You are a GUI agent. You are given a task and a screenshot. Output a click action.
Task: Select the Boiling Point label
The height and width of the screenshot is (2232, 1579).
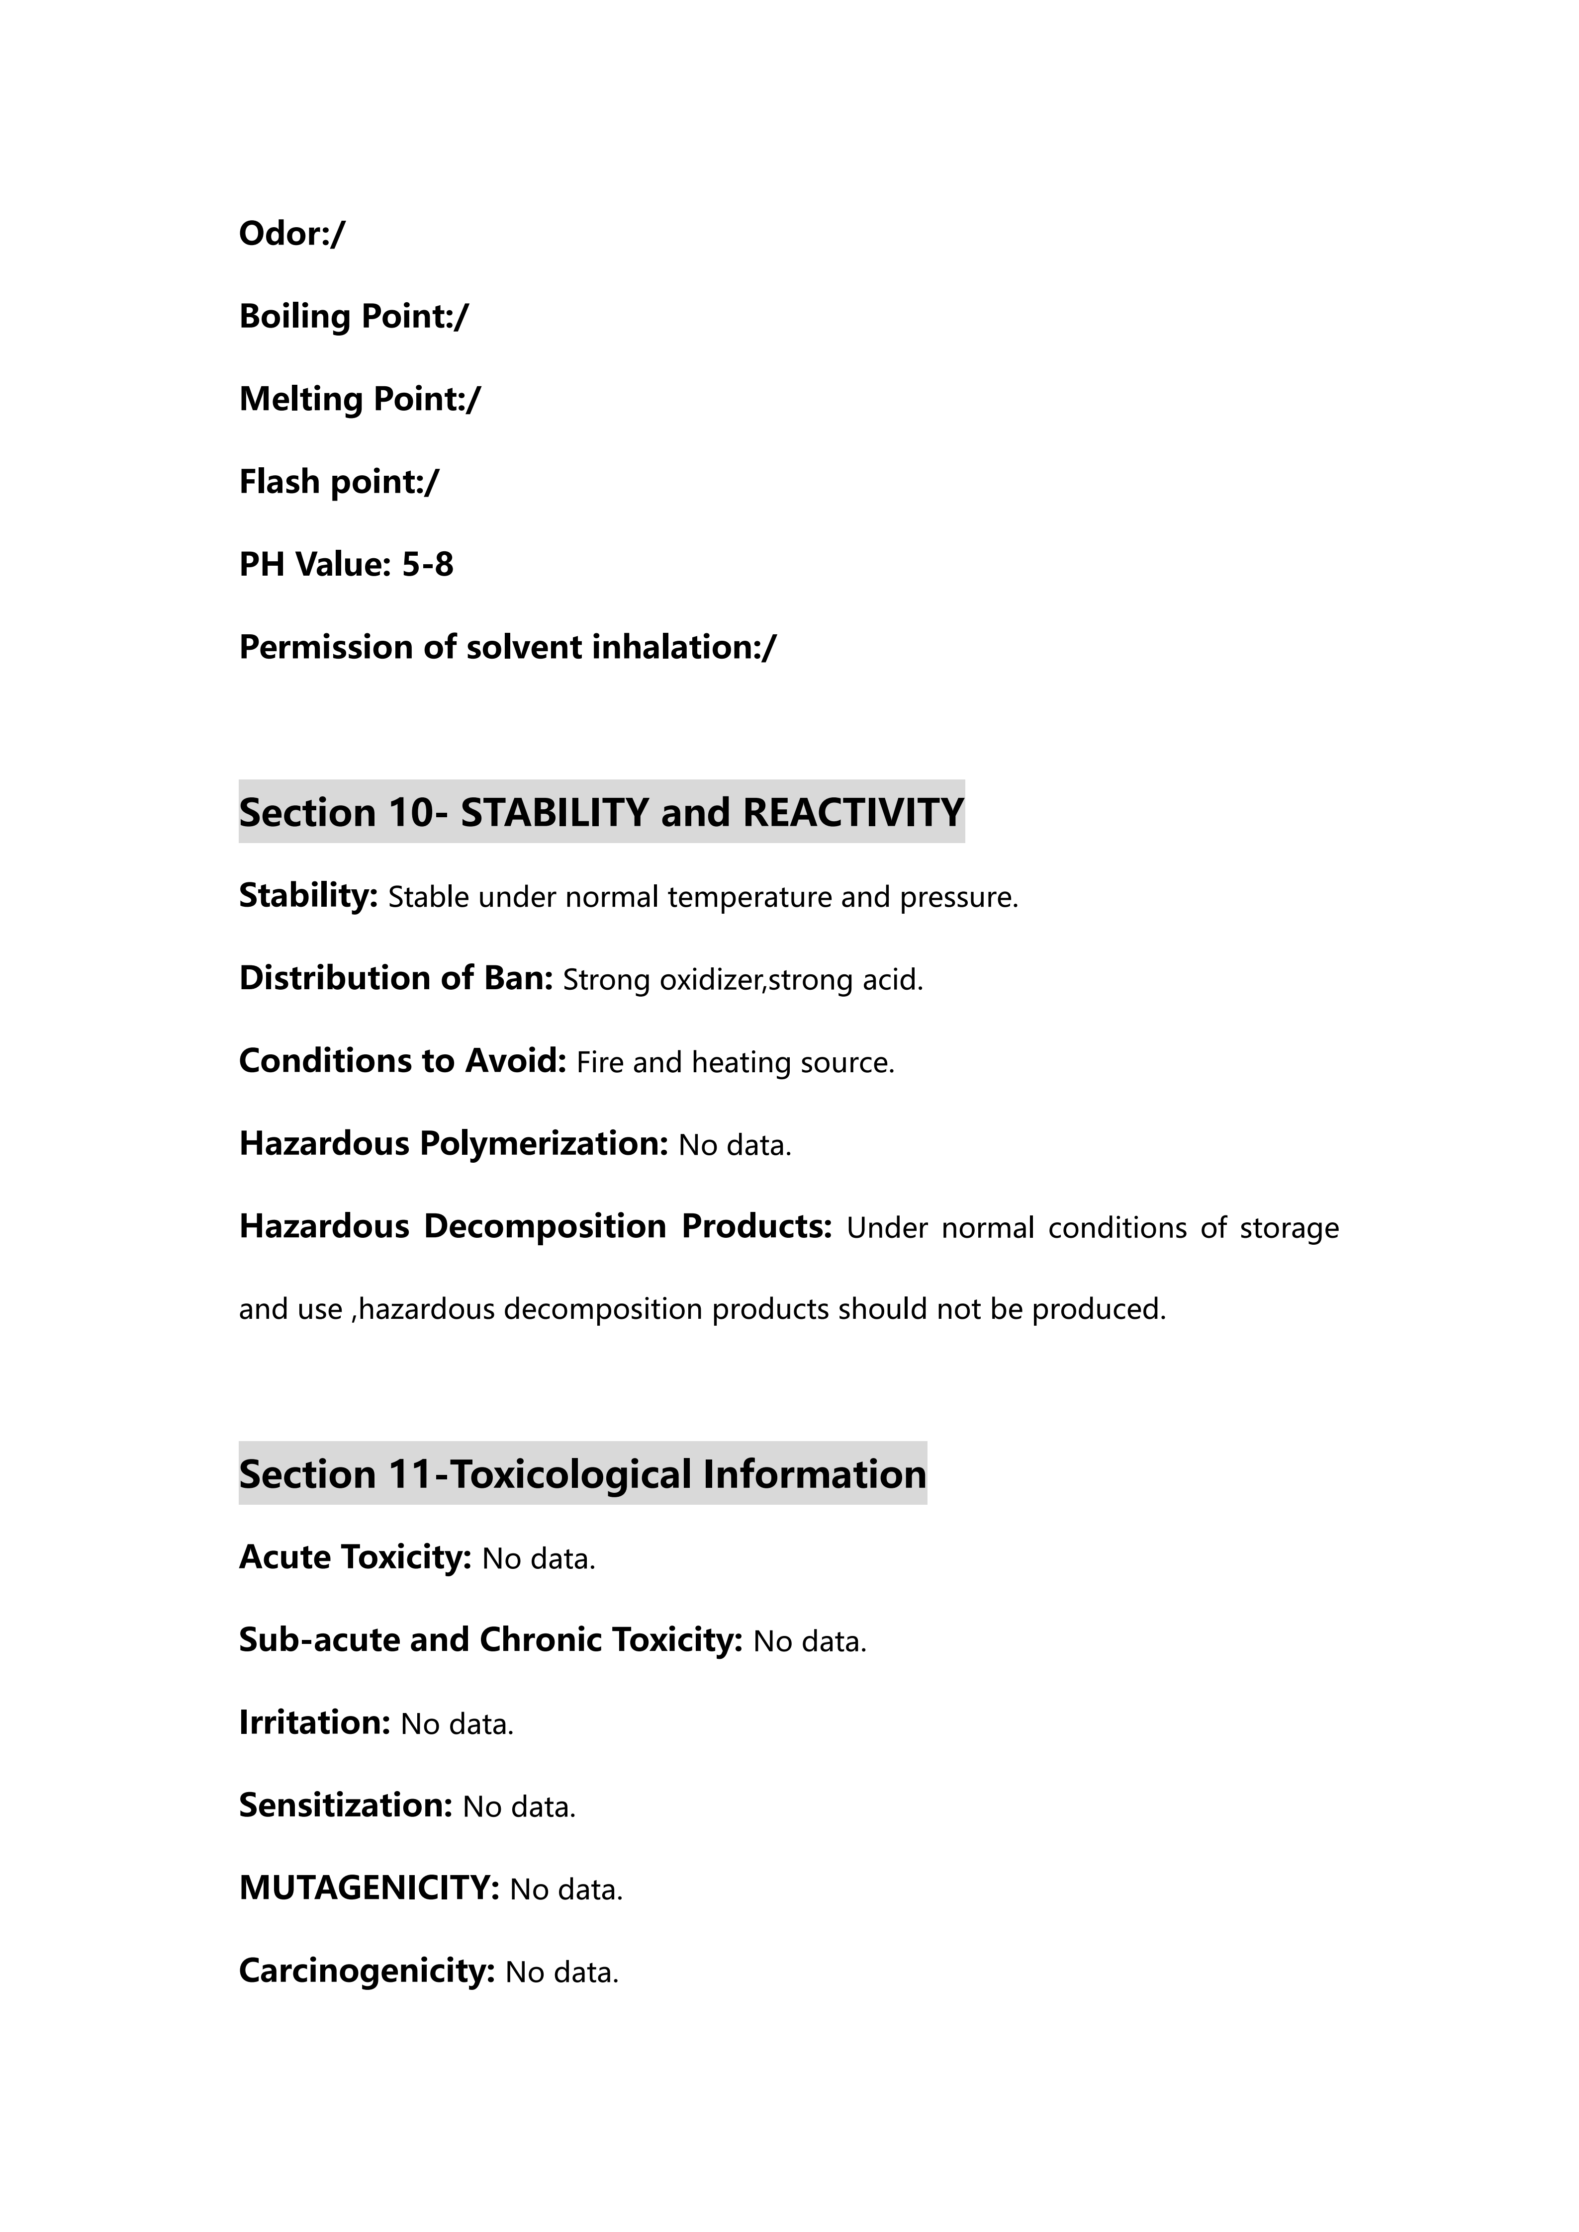click(345, 317)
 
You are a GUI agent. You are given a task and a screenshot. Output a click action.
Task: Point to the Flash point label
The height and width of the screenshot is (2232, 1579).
click(331, 482)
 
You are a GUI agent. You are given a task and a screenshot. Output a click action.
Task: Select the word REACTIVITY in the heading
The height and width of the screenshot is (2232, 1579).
click(853, 813)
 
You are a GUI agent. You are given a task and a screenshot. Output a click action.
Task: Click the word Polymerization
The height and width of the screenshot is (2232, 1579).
click(543, 1144)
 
